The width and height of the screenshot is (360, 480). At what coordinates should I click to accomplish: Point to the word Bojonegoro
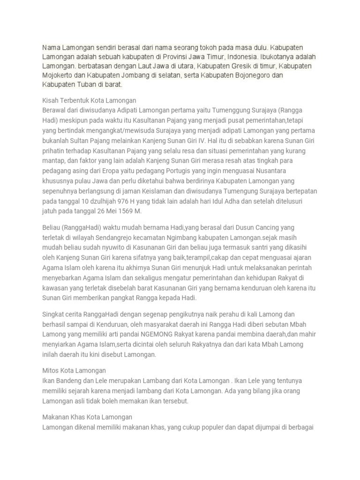tap(247, 75)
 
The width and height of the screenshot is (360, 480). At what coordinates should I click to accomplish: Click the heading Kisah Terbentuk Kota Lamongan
tap(89, 100)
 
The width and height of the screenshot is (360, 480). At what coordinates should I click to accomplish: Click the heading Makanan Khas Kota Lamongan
tap(87, 417)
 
